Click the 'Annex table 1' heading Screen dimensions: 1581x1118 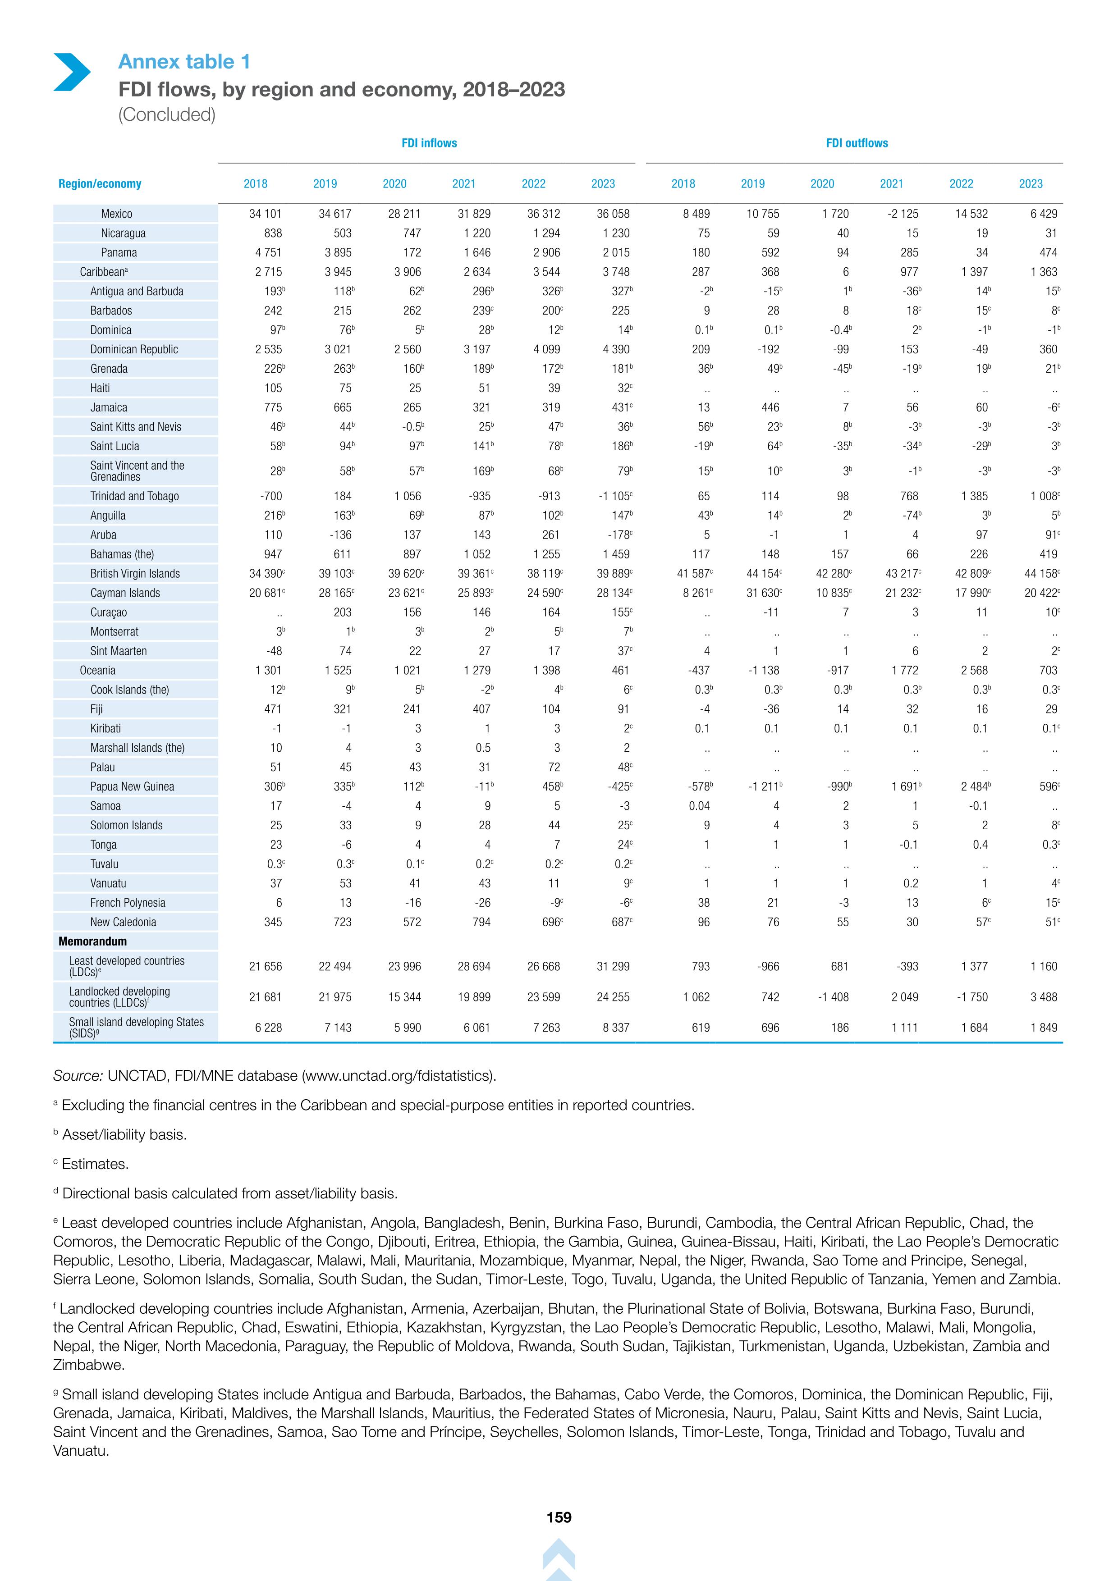click(x=184, y=62)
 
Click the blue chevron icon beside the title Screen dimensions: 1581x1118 click(x=72, y=72)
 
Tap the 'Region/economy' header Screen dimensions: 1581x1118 click(x=100, y=184)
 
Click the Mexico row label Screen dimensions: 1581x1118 click(x=116, y=214)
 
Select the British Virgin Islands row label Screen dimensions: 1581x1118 click(x=135, y=574)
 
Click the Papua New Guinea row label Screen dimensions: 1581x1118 click(x=132, y=786)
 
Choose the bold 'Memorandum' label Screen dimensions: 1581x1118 click(x=92, y=941)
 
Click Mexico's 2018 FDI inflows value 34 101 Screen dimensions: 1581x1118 click(x=265, y=214)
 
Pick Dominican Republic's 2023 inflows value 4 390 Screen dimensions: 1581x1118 click(x=616, y=350)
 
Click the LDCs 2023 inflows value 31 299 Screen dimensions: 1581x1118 click(x=613, y=967)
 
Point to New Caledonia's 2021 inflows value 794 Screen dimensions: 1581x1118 click(x=481, y=922)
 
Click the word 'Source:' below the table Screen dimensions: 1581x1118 click(x=78, y=1076)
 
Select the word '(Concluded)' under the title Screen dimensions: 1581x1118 click(x=167, y=114)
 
